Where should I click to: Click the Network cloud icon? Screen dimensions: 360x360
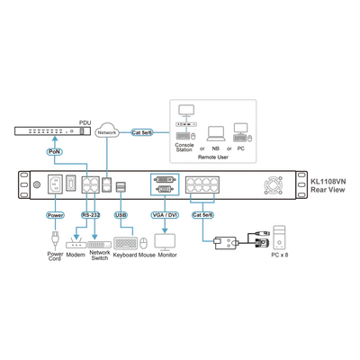(107, 131)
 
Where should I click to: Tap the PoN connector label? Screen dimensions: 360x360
(54, 152)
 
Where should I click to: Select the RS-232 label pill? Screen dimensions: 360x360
(91, 215)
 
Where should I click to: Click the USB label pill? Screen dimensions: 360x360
(121, 215)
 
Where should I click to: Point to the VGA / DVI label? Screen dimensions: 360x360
(165, 215)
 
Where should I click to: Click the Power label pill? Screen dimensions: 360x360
(55, 215)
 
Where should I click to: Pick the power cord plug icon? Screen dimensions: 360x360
(55, 239)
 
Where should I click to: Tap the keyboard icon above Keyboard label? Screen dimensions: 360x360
(126, 243)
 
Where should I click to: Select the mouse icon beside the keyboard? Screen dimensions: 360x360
(144, 243)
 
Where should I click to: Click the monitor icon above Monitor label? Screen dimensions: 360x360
(165, 242)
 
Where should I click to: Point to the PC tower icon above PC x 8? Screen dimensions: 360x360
(279, 238)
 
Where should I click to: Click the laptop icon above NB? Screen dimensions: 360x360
(215, 134)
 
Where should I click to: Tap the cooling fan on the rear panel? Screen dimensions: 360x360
(274, 184)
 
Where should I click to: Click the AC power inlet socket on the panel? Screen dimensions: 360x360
(55, 184)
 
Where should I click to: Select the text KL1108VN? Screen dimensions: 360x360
(328, 182)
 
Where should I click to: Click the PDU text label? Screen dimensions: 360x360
(85, 122)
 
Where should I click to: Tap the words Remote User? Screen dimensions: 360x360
(213, 157)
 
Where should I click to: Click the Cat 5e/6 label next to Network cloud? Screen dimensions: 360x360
(142, 132)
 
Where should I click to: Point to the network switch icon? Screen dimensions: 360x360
(99, 244)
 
